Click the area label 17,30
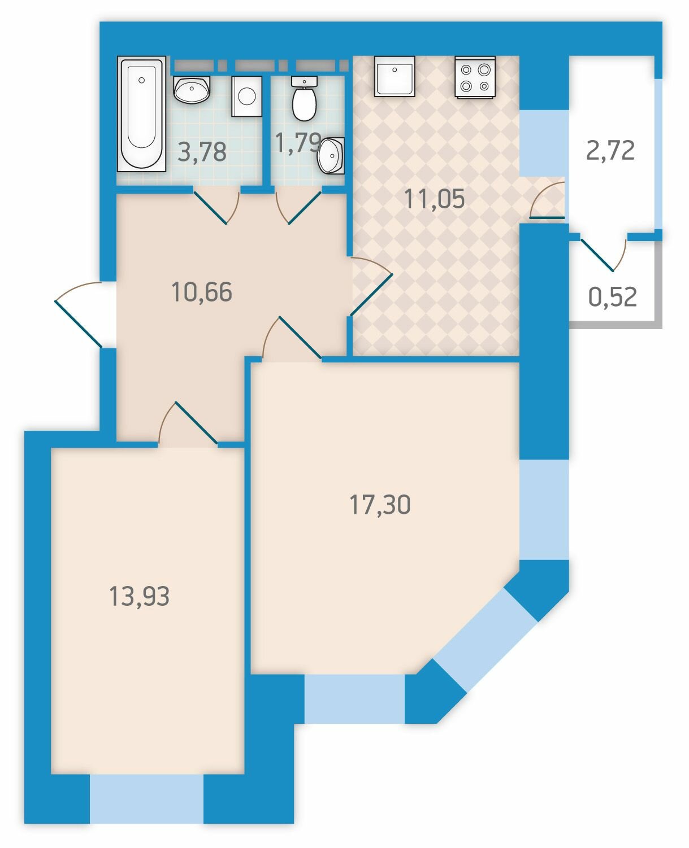click(x=380, y=504)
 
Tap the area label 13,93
click(x=139, y=596)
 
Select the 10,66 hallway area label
click(x=202, y=291)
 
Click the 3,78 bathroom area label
click(x=202, y=152)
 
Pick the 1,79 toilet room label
click(x=298, y=142)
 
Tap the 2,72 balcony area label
click(x=610, y=151)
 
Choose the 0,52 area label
click(x=613, y=297)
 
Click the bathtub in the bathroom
click(x=141, y=114)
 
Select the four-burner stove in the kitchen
click(x=475, y=77)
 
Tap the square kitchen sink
click(x=395, y=76)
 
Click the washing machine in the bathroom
click(x=246, y=97)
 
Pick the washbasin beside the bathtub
click(x=192, y=90)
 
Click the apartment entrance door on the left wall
click(x=78, y=314)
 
